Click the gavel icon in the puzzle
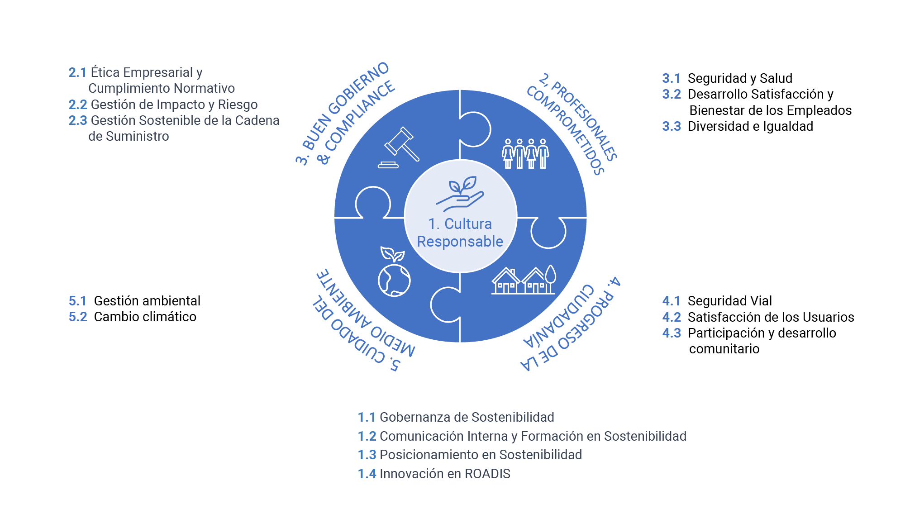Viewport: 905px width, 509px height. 399,147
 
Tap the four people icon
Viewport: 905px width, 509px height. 525,154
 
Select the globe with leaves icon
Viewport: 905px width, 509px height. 394,271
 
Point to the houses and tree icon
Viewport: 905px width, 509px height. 524,280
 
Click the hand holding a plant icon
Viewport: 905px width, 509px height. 460,194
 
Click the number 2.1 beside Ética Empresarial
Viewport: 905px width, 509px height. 77,72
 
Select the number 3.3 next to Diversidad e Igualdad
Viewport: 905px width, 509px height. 672,126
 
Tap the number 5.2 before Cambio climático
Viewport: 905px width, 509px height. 78,317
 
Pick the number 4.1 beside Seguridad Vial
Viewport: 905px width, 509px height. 672,301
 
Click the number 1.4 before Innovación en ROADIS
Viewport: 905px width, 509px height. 367,474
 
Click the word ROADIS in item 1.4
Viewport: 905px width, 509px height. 487,474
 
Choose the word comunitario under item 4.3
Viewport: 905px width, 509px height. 724,349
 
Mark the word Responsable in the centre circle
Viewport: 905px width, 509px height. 460,242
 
